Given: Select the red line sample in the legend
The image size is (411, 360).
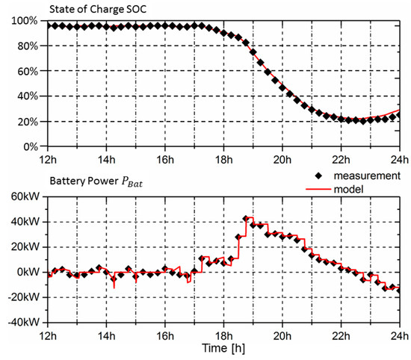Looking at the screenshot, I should [318, 189].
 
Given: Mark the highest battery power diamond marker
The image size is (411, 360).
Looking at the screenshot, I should [246, 219].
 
